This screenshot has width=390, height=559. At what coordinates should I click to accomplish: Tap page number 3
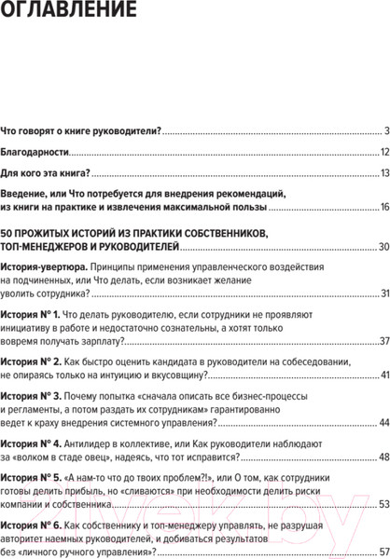point(384,130)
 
